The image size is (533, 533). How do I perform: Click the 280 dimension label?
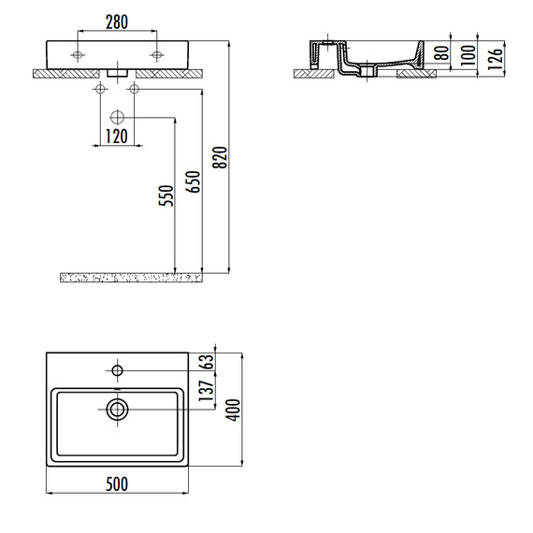click(x=118, y=22)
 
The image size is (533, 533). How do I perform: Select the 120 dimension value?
click(x=116, y=137)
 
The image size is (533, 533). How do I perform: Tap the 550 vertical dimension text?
click(x=165, y=195)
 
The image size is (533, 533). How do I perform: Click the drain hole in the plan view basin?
click(x=118, y=408)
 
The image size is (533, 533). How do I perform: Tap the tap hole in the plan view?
click(x=118, y=371)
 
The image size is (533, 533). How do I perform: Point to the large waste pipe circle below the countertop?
click(x=118, y=118)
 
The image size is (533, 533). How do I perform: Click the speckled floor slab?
click(x=131, y=277)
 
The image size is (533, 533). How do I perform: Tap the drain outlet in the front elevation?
click(x=118, y=71)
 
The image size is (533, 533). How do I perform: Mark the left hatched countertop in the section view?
click(x=314, y=72)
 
